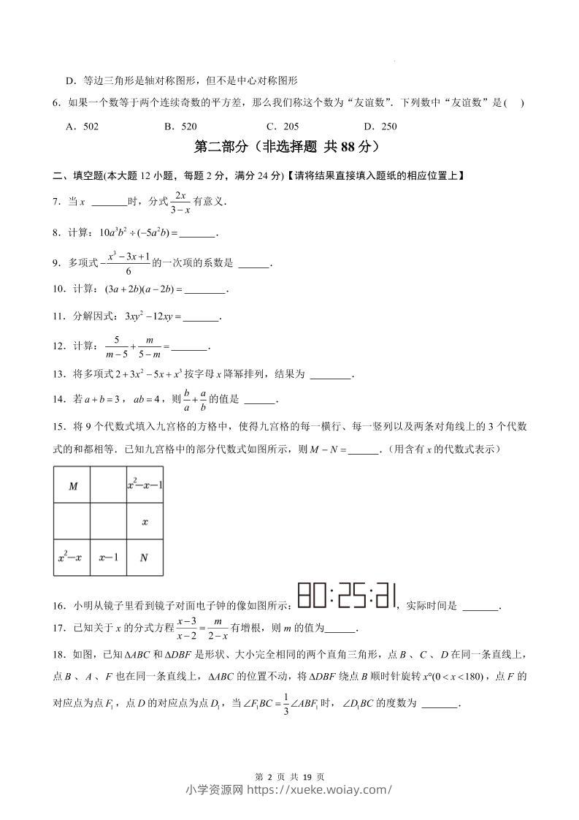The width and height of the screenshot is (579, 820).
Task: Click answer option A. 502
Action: click(x=82, y=126)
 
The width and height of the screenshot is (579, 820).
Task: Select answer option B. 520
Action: click(x=180, y=126)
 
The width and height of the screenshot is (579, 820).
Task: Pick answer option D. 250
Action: click(x=380, y=126)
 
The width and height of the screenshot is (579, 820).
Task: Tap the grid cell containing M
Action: click(x=72, y=486)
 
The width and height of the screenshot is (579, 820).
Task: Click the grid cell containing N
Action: click(x=144, y=558)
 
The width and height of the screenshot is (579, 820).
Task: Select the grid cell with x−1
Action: click(x=108, y=558)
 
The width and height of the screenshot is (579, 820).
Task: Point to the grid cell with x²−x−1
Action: click(x=145, y=485)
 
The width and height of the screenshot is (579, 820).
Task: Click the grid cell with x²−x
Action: click(x=71, y=558)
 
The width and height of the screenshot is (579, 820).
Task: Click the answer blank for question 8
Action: click(x=197, y=234)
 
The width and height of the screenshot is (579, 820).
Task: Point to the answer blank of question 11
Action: click(x=201, y=318)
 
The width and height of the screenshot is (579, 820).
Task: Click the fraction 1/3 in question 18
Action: click(x=287, y=705)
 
